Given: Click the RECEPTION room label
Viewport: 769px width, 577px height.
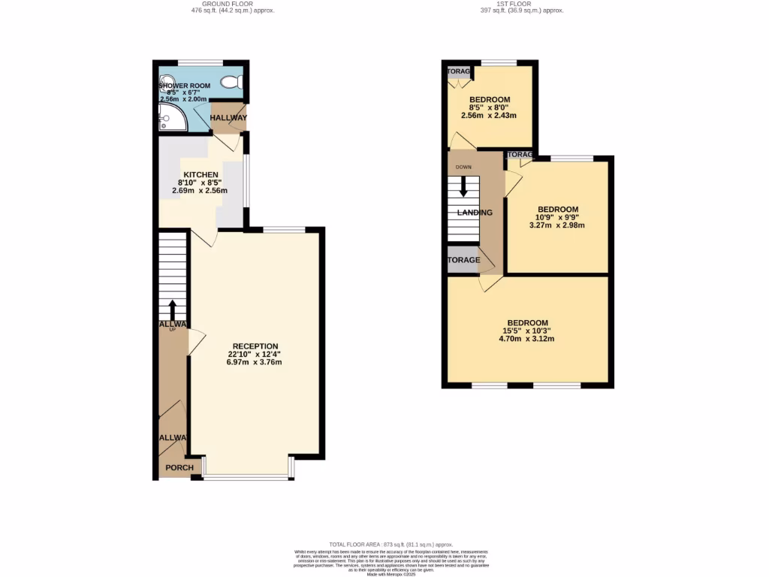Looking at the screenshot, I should [254, 346].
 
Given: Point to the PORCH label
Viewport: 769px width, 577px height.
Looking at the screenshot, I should [179, 468].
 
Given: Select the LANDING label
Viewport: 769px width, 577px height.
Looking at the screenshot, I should [475, 213].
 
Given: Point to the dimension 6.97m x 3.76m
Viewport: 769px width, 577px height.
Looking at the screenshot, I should [254, 362].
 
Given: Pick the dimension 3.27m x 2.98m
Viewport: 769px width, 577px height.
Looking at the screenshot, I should [558, 225].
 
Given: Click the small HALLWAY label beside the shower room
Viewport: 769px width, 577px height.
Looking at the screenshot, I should [228, 118].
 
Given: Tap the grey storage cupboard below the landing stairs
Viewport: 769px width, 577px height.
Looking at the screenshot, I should [463, 261].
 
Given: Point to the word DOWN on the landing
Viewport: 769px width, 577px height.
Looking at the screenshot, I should [463, 167].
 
